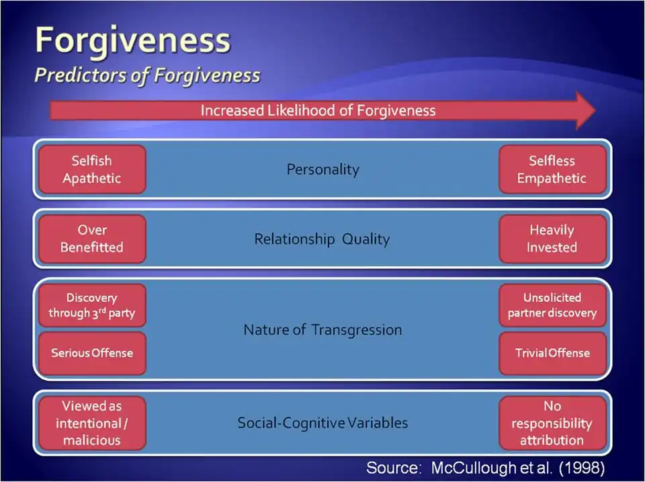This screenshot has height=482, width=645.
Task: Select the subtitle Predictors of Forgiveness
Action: (147, 75)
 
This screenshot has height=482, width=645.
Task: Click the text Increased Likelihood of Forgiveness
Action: (318, 110)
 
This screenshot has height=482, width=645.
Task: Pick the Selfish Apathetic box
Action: (92, 169)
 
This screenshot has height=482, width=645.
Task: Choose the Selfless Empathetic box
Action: (552, 169)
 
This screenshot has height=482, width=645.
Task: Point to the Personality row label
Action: (322, 169)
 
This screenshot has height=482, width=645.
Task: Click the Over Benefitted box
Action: (92, 239)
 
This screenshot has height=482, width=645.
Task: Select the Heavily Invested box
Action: (552, 239)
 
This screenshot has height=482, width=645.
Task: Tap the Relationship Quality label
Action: (322, 239)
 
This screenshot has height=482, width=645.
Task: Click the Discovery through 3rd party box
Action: (92, 305)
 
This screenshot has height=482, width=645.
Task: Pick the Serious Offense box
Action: (92, 353)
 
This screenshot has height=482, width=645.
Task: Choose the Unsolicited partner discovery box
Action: (552, 305)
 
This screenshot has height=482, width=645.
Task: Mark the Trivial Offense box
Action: (552, 353)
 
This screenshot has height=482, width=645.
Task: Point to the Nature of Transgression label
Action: (322, 330)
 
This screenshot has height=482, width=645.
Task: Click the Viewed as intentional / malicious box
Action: (92, 423)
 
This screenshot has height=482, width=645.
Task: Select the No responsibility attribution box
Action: (552, 423)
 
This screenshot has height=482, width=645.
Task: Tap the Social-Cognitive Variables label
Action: (322, 423)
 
